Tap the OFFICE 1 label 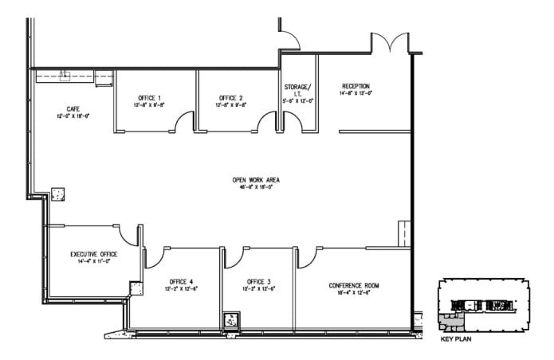coord(150,97)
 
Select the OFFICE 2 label coord(230,97)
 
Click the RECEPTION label coord(356,86)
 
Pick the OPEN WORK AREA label coord(255,180)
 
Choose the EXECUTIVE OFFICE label coord(93,253)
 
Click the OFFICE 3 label coord(258,280)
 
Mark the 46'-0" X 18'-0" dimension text coord(255,188)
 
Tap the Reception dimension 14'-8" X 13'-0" coord(356,94)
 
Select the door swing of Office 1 coord(184,122)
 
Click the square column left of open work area coord(57,194)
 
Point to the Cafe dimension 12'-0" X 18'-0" coord(73,115)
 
